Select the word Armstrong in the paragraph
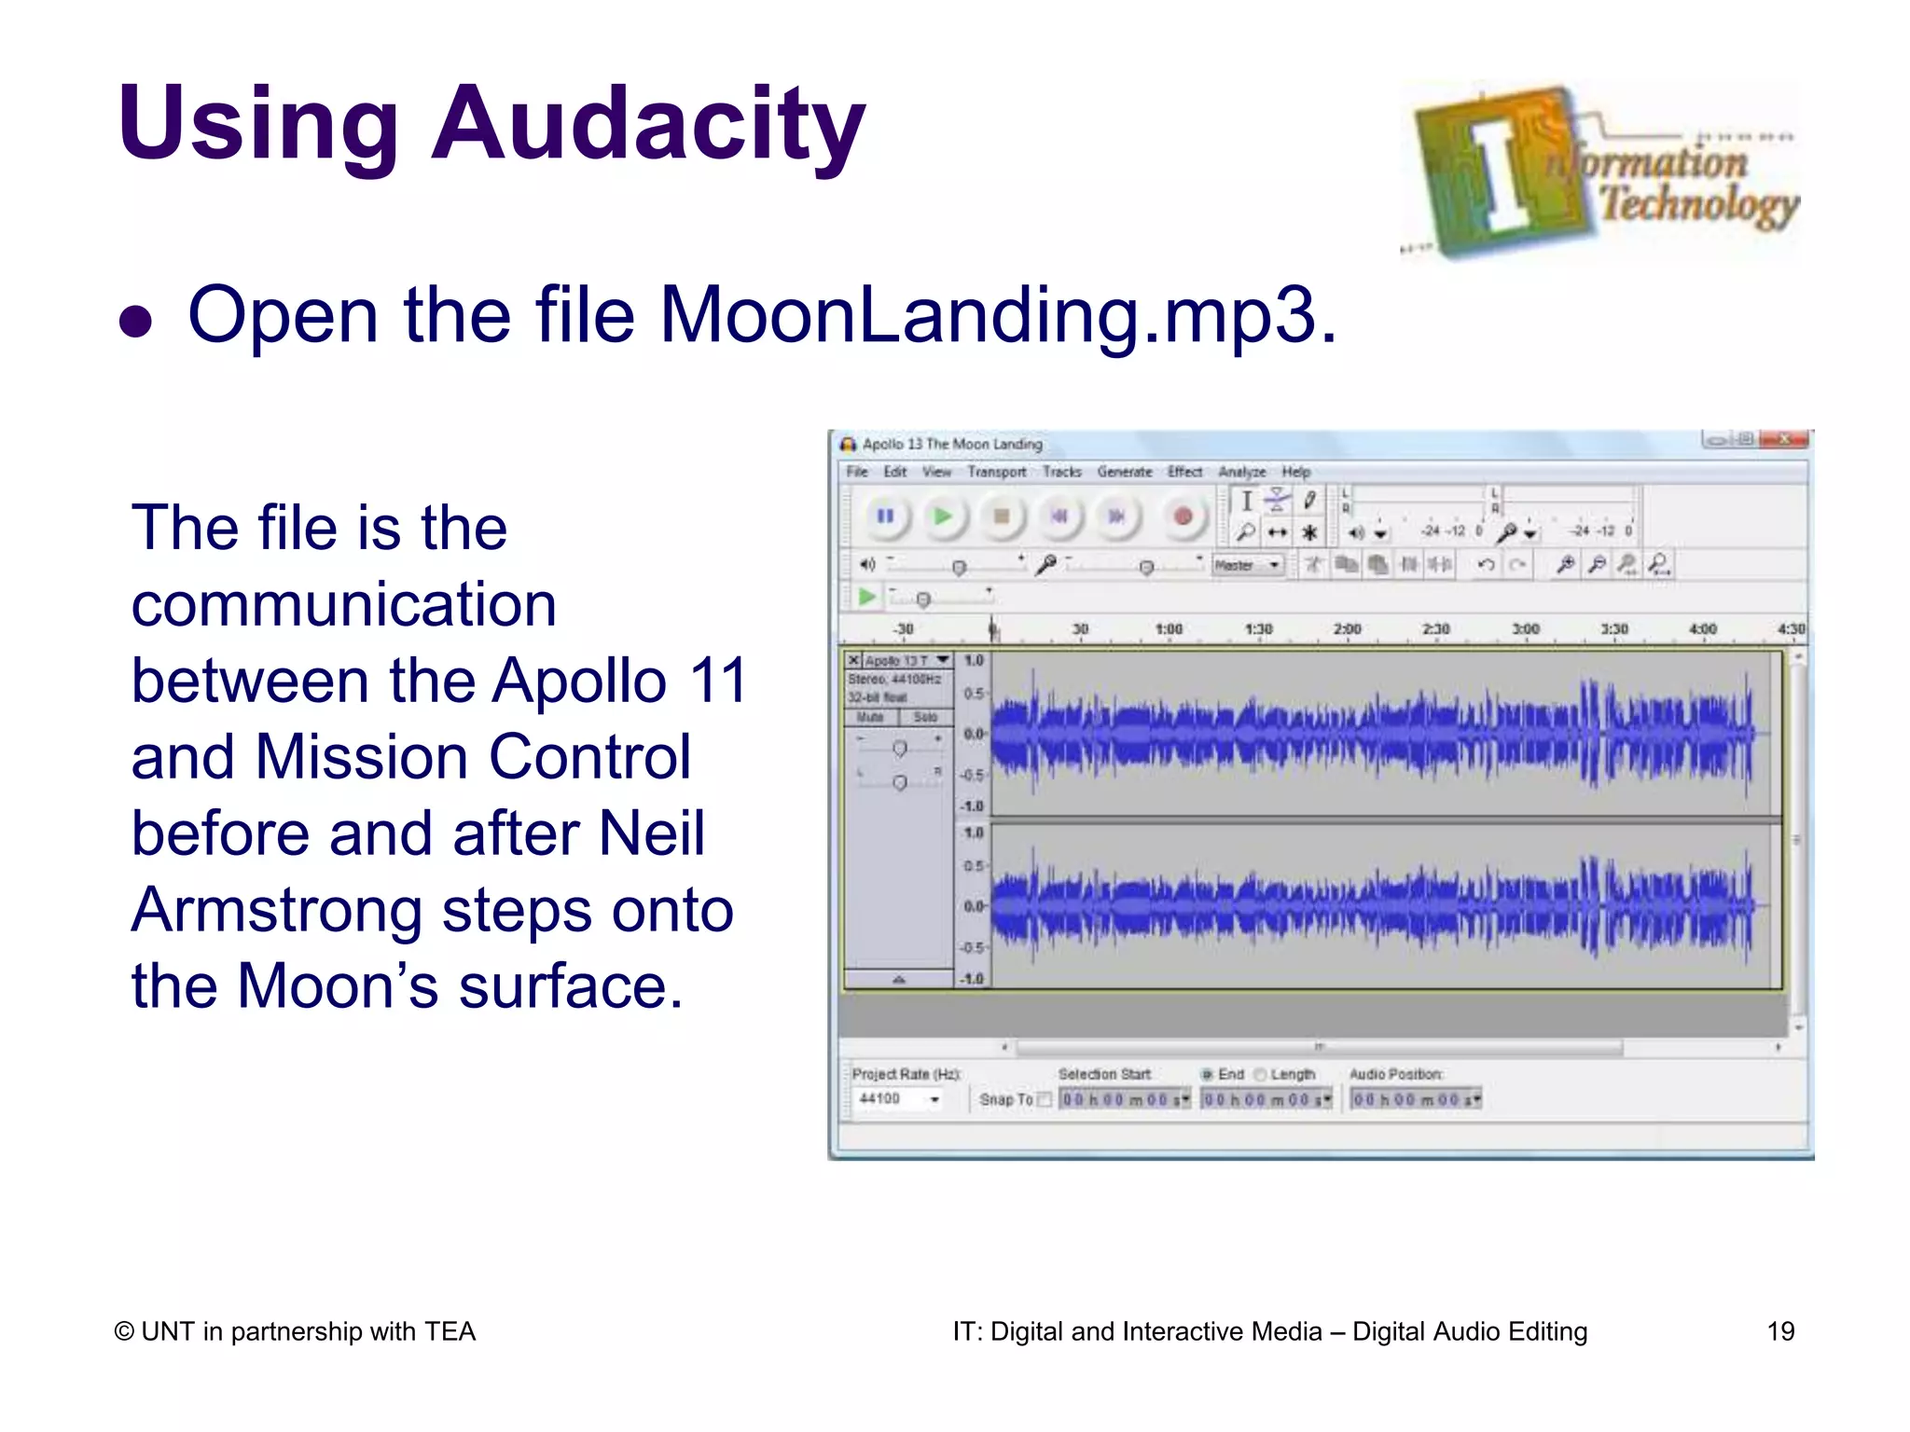pos(276,910)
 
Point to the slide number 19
pos(1779,1331)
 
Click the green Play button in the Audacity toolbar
pos(943,516)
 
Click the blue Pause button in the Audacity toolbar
pos(885,516)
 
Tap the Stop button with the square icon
pos(1001,516)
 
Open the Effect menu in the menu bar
pos(1184,472)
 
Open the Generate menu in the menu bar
pos(1124,472)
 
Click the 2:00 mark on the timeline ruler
pos(1347,629)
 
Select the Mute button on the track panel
pos(870,717)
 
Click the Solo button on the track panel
pos(925,717)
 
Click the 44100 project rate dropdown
pos(898,1099)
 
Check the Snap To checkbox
pos(1045,1100)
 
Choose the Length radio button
pos(1260,1075)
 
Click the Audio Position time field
pos(1415,1100)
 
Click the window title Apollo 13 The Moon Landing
pos(951,445)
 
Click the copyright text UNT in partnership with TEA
pos(295,1331)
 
